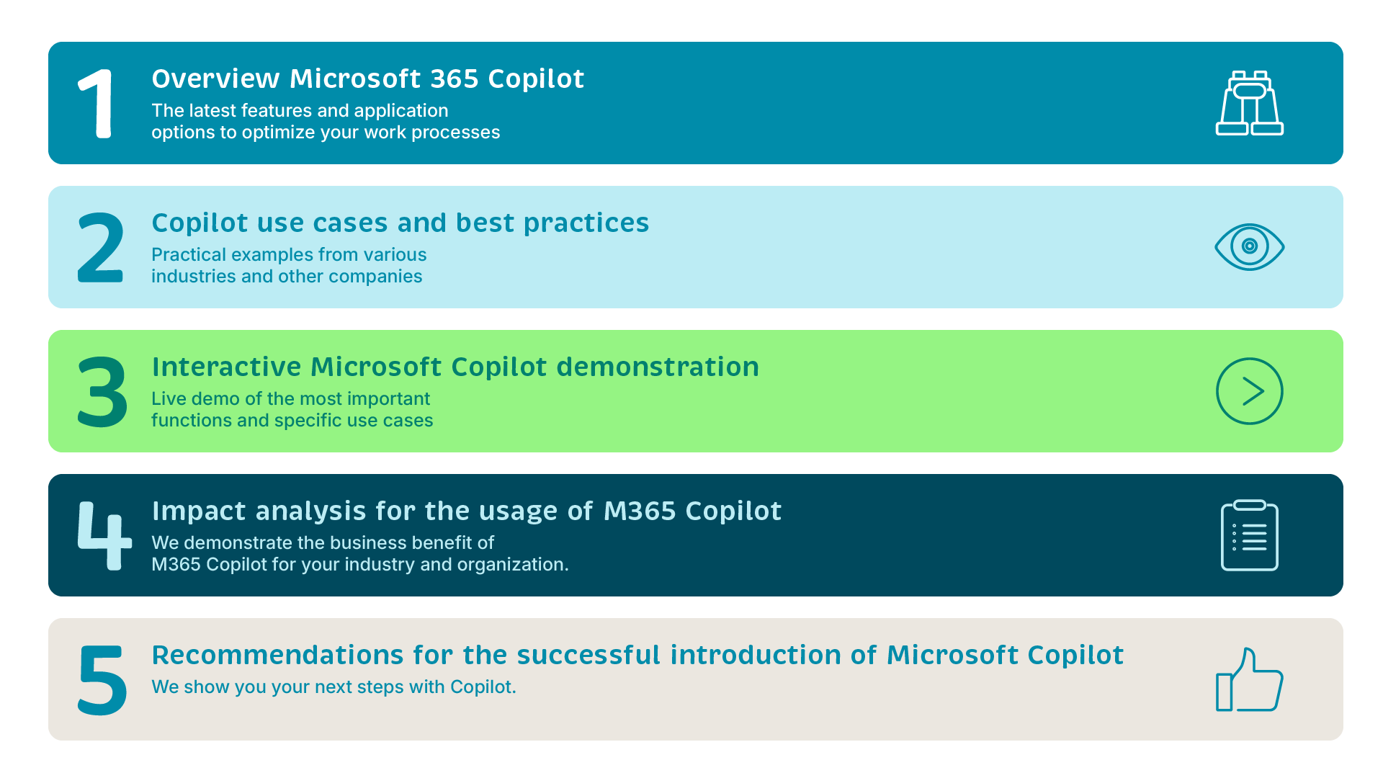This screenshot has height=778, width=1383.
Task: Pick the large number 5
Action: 102,680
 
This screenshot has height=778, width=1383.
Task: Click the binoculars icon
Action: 1250,103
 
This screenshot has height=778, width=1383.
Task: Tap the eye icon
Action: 1250,247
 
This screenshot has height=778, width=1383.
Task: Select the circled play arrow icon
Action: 1250,391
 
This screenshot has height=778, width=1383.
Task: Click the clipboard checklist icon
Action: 1250,535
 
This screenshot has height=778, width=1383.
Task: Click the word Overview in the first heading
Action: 215,79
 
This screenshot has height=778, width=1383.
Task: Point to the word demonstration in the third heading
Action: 658,367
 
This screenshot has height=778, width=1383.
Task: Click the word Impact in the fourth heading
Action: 199,511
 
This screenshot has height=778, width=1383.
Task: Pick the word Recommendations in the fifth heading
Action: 277,655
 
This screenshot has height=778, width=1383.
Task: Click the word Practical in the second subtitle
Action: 184,254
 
